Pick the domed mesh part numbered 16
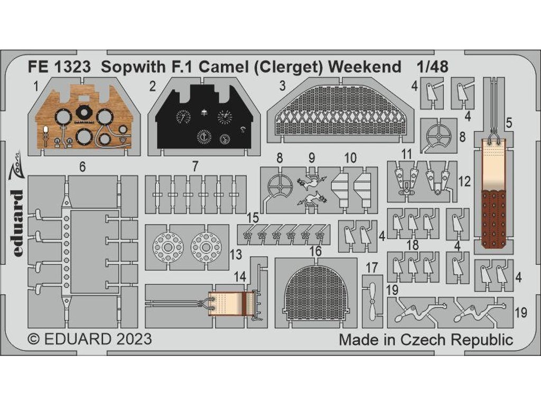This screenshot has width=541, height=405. click(315, 290)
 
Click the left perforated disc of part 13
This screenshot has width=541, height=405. click(168, 246)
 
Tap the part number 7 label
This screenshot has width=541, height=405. click(195, 167)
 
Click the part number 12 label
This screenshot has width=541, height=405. click(465, 182)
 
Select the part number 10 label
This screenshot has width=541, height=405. click(350, 158)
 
